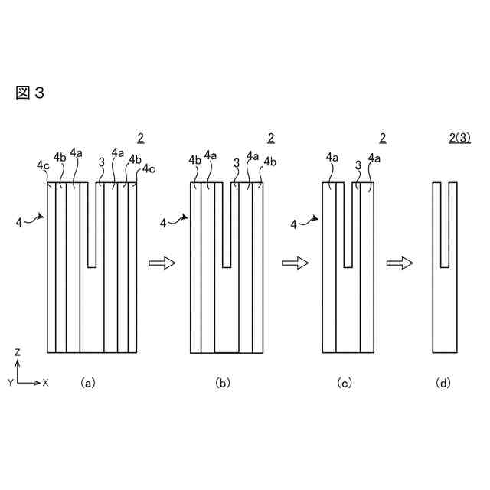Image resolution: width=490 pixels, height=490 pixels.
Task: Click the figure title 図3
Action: pyautogui.click(x=30, y=93)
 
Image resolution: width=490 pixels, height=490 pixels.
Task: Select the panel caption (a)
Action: pyautogui.click(x=87, y=381)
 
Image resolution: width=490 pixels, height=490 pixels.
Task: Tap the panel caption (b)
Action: pyautogui.click(x=222, y=381)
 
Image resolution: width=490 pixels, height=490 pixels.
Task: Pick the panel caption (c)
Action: pyautogui.click(x=344, y=381)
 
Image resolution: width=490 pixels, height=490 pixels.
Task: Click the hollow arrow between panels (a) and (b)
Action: pyautogui.click(x=162, y=263)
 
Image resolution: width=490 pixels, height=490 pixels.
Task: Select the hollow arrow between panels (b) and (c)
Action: pyautogui.click(x=295, y=263)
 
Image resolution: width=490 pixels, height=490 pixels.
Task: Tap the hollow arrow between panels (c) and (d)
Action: pyautogui.click(x=400, y=263)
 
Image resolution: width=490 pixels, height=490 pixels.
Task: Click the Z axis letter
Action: pyautogui.click(x=18, y=352)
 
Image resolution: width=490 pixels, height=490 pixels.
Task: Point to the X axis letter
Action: pyautogui.click(x=46, y=381)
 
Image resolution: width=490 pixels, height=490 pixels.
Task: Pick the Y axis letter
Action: pyautogui.click(x=10, y=381)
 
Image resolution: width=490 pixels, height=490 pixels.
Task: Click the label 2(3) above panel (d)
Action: pyautogui.click(x=459, y=139)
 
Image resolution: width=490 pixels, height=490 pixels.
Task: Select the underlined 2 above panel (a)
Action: pyautogui.click(x=140, y=139)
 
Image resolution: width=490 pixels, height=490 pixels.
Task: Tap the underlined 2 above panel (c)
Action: pyautogui.click(x=382, y=139)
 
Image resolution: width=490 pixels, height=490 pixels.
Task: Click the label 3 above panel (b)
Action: pyautogui.click(x=237, y=162)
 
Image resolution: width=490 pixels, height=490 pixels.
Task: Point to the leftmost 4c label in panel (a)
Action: pyautogui.click(x=42, y=165)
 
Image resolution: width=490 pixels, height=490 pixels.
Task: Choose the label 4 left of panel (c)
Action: pyautogui.click(x=294, y=224)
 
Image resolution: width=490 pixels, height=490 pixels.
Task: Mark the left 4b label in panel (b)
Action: pyautogui.click(x=194, y=161)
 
